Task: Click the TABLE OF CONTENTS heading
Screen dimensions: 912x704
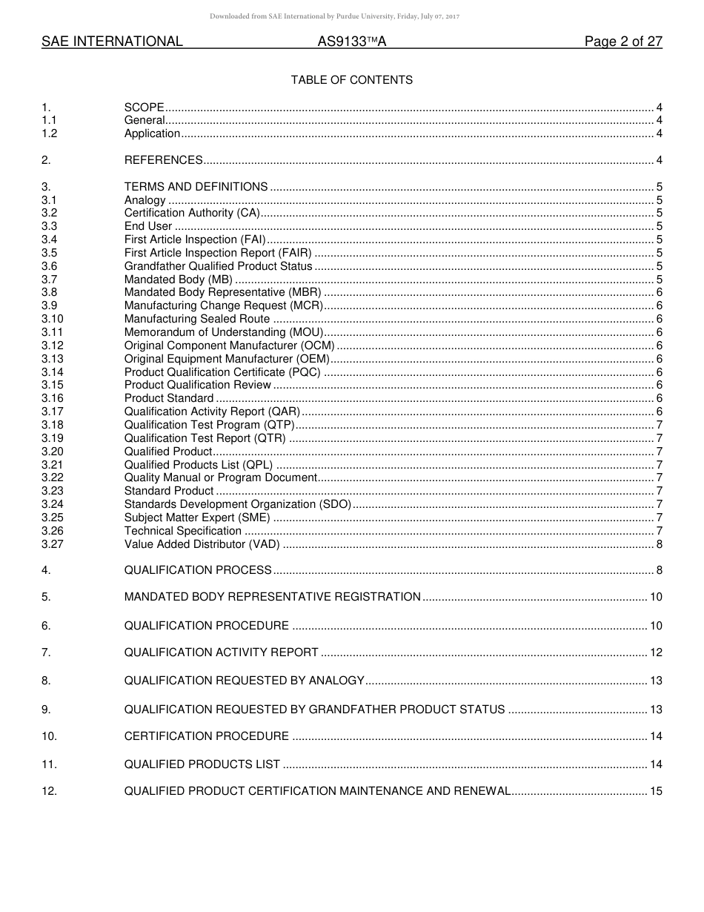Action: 351,80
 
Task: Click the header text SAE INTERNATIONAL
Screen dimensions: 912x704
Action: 112,42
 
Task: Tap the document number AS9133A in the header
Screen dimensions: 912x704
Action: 352,42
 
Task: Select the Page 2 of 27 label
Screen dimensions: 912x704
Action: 623,42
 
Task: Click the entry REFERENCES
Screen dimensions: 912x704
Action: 164,160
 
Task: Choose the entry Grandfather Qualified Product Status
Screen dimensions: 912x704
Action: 219,266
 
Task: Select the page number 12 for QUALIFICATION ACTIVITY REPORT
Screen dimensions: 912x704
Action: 656,652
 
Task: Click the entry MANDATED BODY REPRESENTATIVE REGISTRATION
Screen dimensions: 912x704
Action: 273,597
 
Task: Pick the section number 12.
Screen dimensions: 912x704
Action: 49,791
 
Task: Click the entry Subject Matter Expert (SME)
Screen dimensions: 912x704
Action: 197,518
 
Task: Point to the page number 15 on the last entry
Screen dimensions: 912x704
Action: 656,791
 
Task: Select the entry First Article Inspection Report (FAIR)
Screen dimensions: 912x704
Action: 218,253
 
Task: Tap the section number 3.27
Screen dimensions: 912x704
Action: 53,544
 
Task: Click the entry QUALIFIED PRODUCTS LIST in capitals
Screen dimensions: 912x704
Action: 202,764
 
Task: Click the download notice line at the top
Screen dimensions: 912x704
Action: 334,16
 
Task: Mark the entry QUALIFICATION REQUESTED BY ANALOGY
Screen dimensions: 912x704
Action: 245,681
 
